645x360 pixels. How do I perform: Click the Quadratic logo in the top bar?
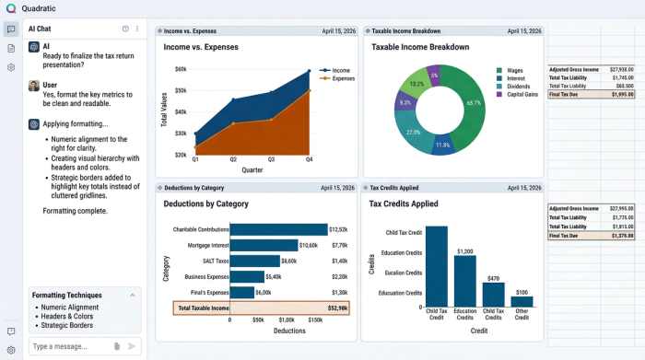tap(11, 8)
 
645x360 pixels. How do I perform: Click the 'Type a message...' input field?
tap(69, 346)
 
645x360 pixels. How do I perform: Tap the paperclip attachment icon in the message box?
tap(117, 346)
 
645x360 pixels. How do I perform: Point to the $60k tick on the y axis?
tap(181, 69)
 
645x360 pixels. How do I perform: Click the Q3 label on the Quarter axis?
tap(271, 159)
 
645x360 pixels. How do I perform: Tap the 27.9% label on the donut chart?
tap(413, 133)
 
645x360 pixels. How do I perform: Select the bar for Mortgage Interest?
tap(264, 245)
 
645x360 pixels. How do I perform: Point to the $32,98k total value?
tap(337, 308)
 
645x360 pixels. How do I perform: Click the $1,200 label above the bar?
tap(464, 251)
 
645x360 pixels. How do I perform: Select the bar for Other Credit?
tap(522, 301)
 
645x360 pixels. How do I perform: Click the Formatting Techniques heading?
tap(69, 296)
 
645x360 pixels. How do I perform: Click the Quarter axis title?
tap(252, 168)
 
